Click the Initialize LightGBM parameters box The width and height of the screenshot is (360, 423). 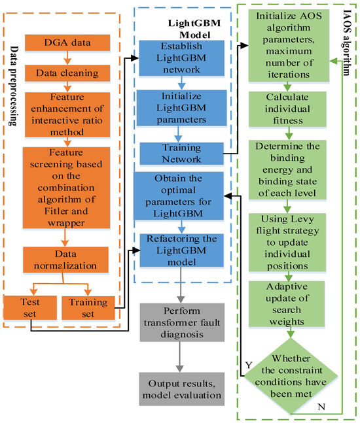(175, 106)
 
